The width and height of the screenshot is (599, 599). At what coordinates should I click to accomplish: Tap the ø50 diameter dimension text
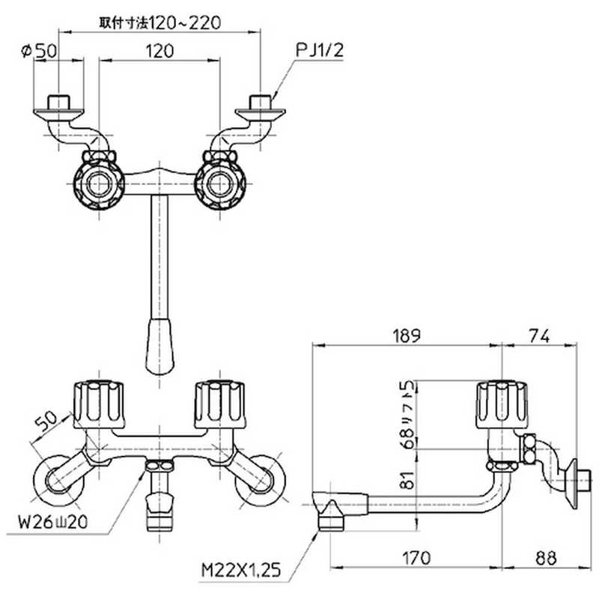click(39, 50)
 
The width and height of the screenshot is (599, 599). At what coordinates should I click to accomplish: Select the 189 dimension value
click(407, 335)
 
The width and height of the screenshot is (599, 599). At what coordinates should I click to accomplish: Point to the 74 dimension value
click(539, 335)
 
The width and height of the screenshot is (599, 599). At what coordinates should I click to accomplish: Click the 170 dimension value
click(416, 558)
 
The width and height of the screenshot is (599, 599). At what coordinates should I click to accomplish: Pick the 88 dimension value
click(546, 558)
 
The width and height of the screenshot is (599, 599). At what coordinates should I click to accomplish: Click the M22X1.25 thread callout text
click(241, 571)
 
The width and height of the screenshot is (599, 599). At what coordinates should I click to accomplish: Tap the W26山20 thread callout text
click(53, 522)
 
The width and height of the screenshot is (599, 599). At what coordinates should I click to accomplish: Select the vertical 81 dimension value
click(408, 480)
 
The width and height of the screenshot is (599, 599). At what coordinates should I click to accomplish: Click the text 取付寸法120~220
click(160, 23)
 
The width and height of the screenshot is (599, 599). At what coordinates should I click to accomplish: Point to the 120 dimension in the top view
click(159, 51)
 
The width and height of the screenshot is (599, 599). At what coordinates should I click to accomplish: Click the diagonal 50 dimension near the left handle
click(46, 421)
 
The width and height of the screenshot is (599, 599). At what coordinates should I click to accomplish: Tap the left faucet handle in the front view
click(99, 404)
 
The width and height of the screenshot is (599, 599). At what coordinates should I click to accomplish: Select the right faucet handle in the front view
click(219, 404)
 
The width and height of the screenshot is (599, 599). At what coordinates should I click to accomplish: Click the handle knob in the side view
click(502, 404)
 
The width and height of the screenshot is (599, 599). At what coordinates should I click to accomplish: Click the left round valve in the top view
click(99, 184)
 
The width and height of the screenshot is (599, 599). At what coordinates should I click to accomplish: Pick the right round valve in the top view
click(220, 184)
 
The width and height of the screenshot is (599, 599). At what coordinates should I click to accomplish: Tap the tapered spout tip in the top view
click(159, 346)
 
